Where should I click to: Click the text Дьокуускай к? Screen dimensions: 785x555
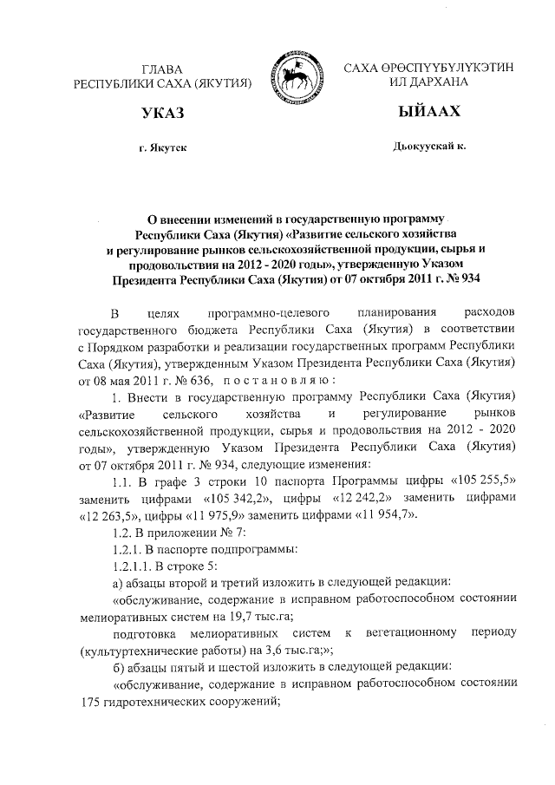428,147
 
